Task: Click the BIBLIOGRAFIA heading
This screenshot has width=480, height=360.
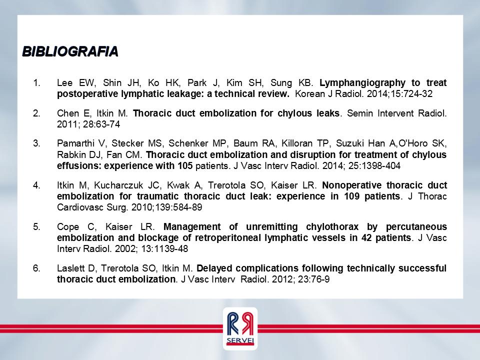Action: [x=70, y=51]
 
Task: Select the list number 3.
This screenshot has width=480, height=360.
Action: [x=36, y=143]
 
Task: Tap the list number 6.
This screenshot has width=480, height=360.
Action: [x=36, y=268]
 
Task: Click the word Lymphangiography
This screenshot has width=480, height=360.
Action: [x=363, y=83]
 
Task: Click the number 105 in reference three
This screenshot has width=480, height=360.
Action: [x=185, y=165]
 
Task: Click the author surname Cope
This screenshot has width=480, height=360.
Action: [x=68, y=227]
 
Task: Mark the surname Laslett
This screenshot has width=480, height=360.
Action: [x=70, y=268]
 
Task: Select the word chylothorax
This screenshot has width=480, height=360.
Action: [x=332, y=227]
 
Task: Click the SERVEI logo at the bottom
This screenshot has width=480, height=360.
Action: [x=240, y=329]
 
